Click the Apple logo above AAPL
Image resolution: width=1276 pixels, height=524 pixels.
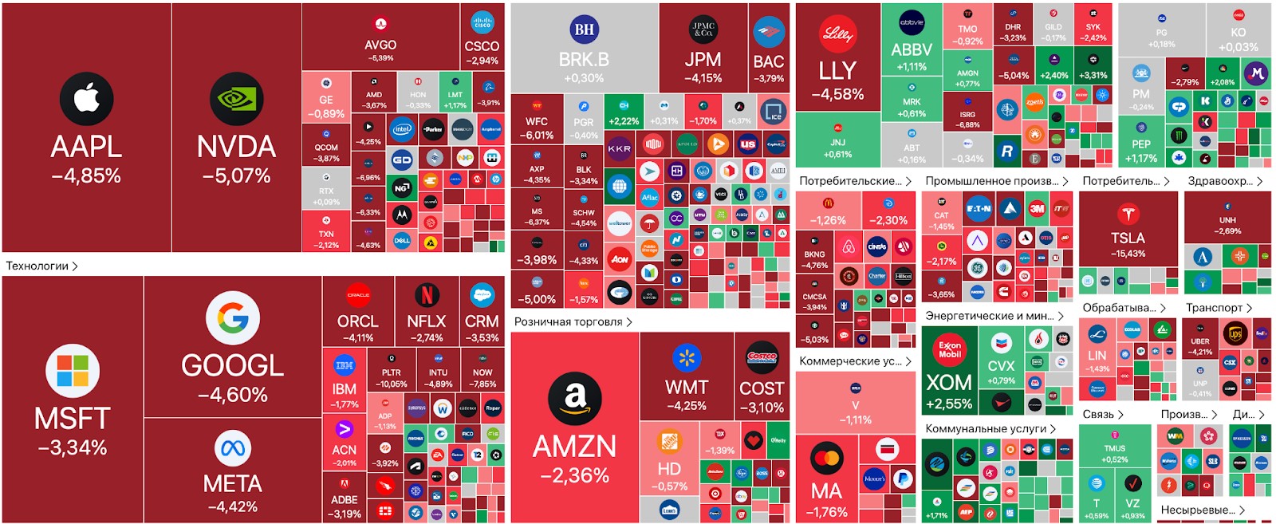click(86, 99)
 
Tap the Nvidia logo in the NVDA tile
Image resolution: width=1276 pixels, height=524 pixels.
click(236, 99)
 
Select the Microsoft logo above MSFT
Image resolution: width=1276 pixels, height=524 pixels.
click(73, 371)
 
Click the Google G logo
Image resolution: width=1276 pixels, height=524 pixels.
click(233, 317)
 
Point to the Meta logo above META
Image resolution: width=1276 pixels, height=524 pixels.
click(232, 448)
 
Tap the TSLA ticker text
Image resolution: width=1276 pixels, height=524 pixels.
click(1128, 238)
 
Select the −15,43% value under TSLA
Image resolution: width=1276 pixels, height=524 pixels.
click(1128, 254)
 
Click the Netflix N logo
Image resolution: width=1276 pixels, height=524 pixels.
click(427, 296)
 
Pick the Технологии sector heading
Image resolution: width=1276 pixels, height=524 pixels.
click(37, 266)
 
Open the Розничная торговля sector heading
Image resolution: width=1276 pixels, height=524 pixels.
click(568, 321)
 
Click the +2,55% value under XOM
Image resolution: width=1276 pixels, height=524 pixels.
click(949, 404)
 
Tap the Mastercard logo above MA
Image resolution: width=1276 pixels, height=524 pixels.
click(826, 459)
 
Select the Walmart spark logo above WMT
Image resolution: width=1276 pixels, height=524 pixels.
click(686, 358)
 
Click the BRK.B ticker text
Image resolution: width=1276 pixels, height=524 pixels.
click(584, 60)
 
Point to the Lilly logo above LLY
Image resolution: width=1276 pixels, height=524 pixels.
click(837, 34)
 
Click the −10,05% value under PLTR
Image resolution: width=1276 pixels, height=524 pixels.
click(391, 384)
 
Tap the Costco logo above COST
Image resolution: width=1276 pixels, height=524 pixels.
click(762, 357)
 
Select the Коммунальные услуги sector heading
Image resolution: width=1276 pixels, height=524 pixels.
click(986, 428)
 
